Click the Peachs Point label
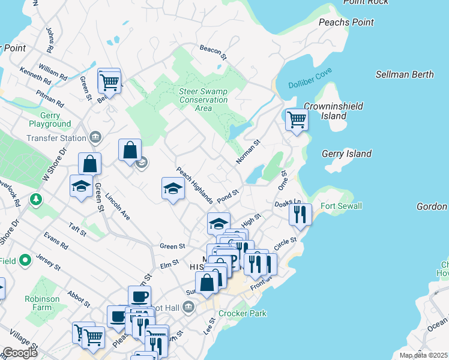click(346, 22)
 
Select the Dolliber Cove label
click(310, 85)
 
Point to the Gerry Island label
click(346, 154)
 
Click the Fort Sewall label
click(341, 206)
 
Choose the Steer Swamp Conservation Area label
click(203, 100)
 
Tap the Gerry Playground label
click(49, 119)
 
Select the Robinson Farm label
click(42, 302)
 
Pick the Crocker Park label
click(243, 313)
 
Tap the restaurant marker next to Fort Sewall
click(300, 214)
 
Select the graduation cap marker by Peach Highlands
click(173, 188)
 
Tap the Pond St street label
click(228, 196)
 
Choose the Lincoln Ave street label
click(118, 206)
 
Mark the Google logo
click(20, 353)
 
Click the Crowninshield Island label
click(325, 110)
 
